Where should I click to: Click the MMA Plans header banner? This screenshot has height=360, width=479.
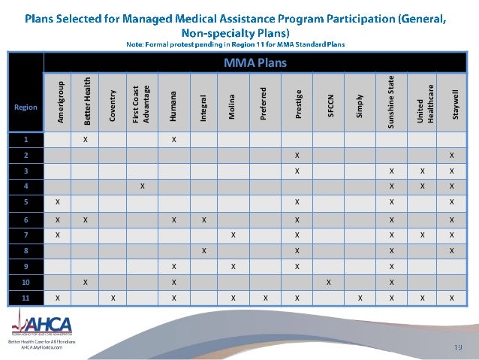pyautogui.click(x=255, y=63)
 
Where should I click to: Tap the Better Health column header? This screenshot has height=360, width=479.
pyautogui.click(x=86, y=101)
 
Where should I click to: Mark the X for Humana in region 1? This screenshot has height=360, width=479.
pyautogui.click(x=173, y=140)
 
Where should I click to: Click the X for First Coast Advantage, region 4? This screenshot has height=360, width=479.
pyautogui.click(x=142, y=186)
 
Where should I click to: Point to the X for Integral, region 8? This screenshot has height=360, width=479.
pyautogui.click(x=203, y=250)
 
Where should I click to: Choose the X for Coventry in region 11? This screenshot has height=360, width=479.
pyautogui.click(x=113, y=298)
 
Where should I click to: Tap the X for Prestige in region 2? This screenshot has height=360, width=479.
pyautogui.click(x=297, y=156)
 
